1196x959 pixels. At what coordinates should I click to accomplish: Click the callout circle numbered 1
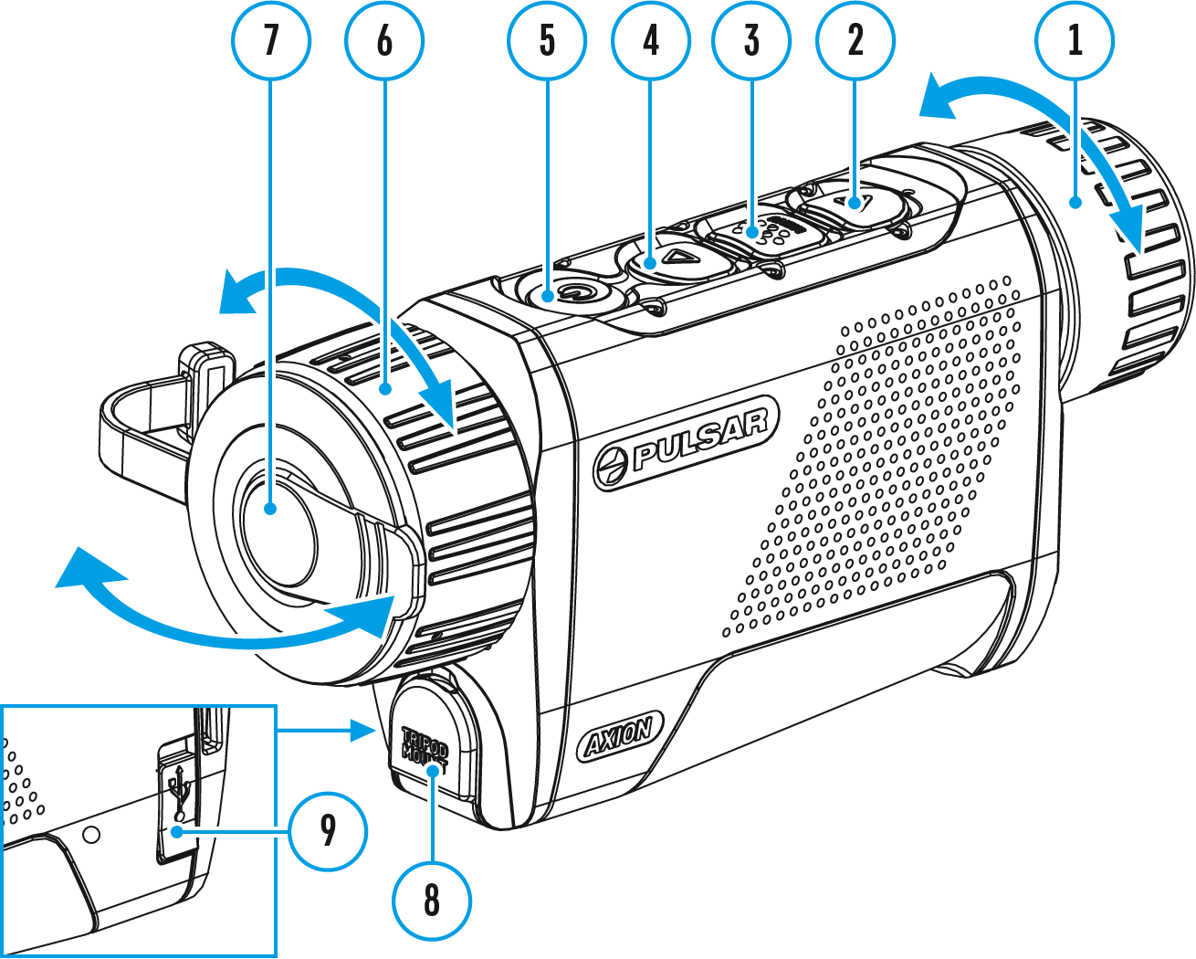click(x=1075, y=41)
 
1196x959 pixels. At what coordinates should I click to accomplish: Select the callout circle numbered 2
click(x=855, y=41)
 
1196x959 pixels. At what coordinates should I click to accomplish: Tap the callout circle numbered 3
click(x=751, y=41)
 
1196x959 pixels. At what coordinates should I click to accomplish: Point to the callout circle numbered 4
click(x=650, y=41)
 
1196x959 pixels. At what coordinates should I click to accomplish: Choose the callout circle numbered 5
click(x=547, y=41)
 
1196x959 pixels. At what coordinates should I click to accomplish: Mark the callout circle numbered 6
click(x=384, y=41)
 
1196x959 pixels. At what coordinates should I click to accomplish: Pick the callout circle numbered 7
click(x=271, y=41)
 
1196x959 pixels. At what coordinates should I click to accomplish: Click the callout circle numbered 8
click(x=432, y=901)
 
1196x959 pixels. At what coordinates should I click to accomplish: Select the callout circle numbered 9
click(x=328, y=831)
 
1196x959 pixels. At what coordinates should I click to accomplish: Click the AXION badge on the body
click(x=621, y=735)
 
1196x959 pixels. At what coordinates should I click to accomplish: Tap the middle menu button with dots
click(x=765, y=230)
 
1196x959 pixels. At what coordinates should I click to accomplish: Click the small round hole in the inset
click(x=90, y=834)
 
